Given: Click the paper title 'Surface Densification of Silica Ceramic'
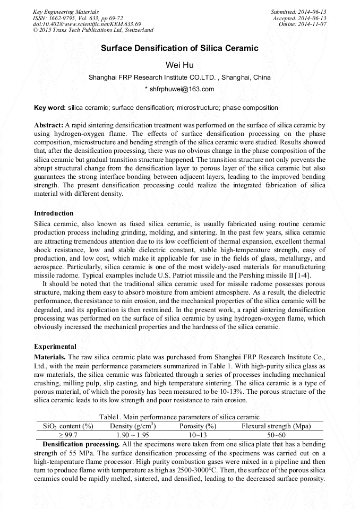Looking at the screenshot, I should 179,48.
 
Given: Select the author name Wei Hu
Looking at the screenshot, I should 179,65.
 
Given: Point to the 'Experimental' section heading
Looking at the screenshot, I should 55,347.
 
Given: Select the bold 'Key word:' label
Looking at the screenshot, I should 50,108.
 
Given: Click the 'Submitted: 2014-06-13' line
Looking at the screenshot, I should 298,12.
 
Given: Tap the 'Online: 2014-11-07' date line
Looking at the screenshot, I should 302,24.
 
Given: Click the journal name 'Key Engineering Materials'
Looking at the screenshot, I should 65,12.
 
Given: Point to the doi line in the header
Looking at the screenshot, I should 87,24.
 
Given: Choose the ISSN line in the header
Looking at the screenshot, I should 78,18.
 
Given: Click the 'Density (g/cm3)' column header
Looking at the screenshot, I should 133,426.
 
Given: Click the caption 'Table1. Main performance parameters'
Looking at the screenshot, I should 179,417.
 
